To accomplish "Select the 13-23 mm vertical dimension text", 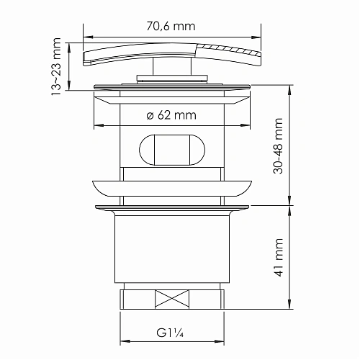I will pyautogui.click(x=57, y=66).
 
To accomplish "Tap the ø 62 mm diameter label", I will pyautogui.click(x=171, y=114).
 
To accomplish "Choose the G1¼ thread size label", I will pyautogui.click(x=171, y=333).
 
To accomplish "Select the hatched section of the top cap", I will pyautogui.click(x=229, y=52).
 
